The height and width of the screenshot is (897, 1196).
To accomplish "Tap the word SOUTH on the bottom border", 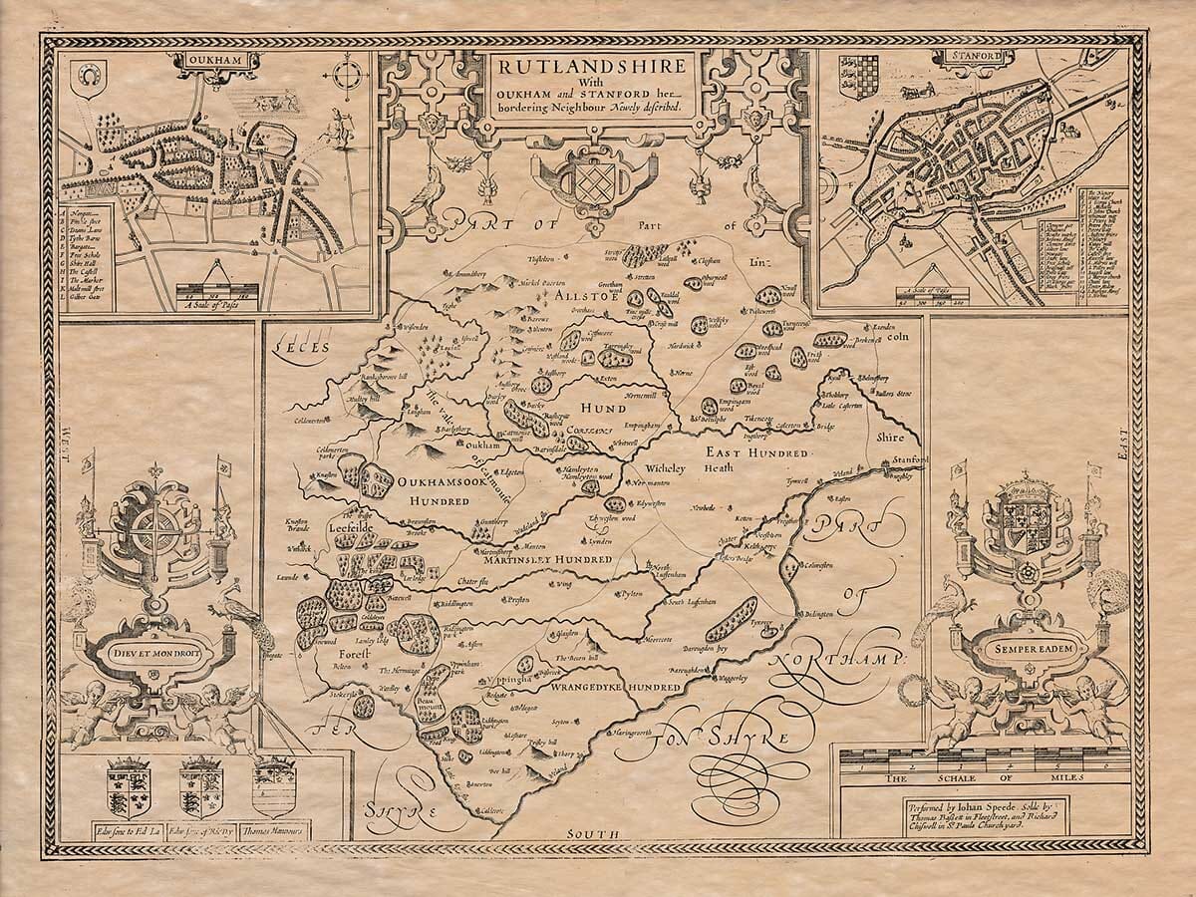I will click(592, 833).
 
